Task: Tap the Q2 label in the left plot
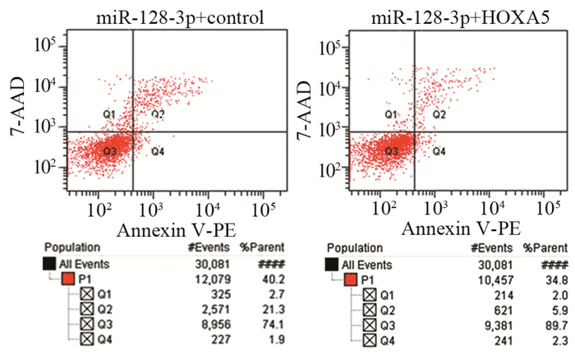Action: (158, 113)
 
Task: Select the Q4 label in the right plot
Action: (439, 151)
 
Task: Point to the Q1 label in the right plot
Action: (390, 114)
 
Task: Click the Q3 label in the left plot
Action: (109, 151)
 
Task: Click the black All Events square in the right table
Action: (331, 264)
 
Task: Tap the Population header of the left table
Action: (72, 246)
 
